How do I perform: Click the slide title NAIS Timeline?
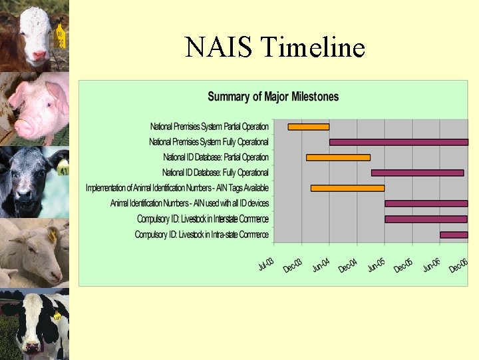(275, 47)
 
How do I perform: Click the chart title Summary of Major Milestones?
(273, 97)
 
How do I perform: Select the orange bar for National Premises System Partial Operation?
(308, 127)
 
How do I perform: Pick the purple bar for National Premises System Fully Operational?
(399, 142)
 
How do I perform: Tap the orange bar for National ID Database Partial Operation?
(338, 157)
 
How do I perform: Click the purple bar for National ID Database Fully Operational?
(417, 173)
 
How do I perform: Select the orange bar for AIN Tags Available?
(347, 188)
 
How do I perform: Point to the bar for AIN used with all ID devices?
(426, 203)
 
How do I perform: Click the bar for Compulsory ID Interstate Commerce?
(426, 219)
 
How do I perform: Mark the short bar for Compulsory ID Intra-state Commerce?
(453, 235)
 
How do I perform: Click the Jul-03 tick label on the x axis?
(266, 265)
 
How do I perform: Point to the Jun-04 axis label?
(321, 265)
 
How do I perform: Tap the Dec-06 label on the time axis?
(458, 266)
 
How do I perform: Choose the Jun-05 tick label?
(377, 265)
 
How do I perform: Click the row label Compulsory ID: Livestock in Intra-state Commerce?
(202, 235)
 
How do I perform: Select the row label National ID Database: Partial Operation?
(216, 157)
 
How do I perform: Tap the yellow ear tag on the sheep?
(53, 235)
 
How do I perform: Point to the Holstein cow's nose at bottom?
(31, 345)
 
